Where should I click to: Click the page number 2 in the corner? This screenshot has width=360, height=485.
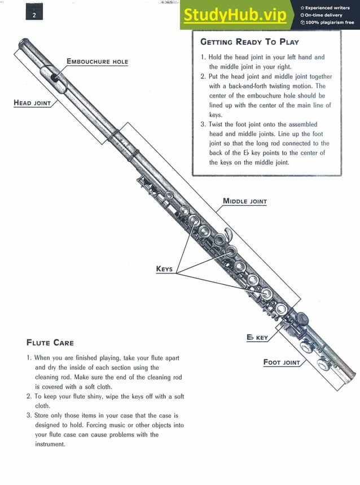(34, 15)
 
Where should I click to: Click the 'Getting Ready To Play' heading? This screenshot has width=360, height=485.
(249, 42)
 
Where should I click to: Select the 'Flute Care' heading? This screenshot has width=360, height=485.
(50, 342)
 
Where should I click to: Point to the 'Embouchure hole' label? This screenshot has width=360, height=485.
(97, 61)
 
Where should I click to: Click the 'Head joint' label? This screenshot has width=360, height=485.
(32, 103)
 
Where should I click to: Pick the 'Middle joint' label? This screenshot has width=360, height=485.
(245, 201)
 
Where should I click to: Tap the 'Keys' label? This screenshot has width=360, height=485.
(164, 269)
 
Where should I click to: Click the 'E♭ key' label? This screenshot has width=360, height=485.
(257, 337)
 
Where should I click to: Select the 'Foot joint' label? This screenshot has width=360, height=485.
(282, 362)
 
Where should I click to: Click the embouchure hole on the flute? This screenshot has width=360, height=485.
(54, 75)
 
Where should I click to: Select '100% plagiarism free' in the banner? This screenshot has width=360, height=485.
(330, 23)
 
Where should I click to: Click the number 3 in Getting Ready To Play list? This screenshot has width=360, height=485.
(203, 125)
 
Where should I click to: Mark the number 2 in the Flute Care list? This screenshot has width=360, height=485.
(29, 396)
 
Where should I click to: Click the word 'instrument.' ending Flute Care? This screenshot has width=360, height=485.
(50, 444)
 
